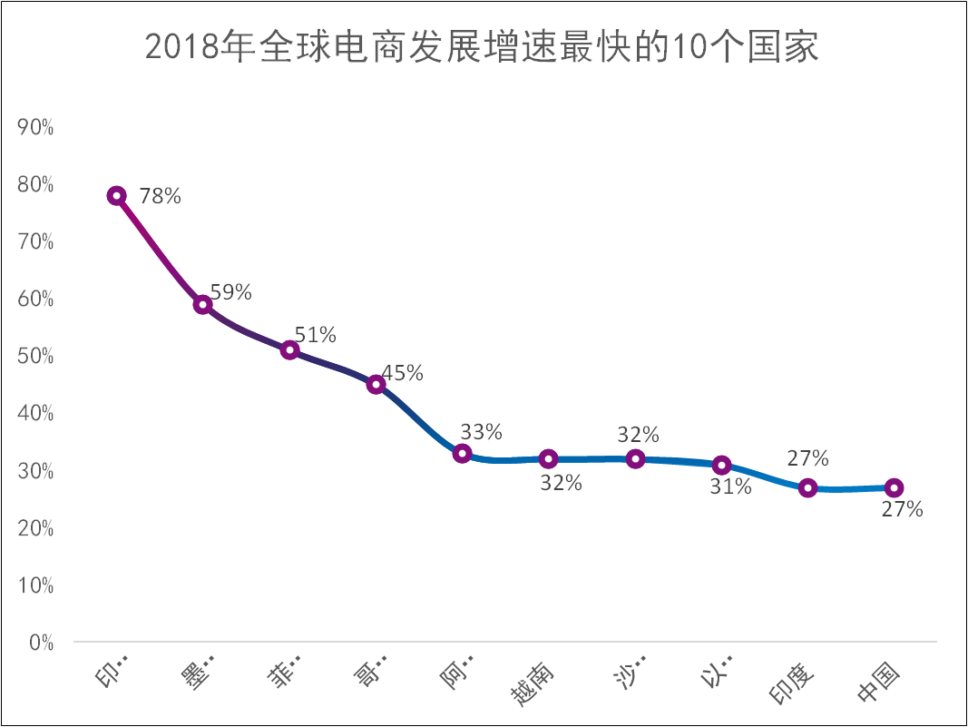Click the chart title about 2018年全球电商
pyautogui.click(x=483, y=47)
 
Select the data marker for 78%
pyautogui.click(x=117, y=196)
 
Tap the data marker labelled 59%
pyautogui.click(x=203, y=305)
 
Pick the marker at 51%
pyautogui.click(x=289, y=350)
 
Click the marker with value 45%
pyautogui.click(x=376, y=385)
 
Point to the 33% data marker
pyautogui.click(x=463, y=454)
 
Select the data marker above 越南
pyautogui.click(x=548, y=459)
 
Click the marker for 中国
pyautogui.click(x=894, y=488)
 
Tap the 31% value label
pyautogui.click(x=730, y=487)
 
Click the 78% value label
pyautogui.click(x=161, y=195)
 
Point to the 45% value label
pyautogui.click(x=402, y=373)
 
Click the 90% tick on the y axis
pyautogui.click(x=36, y=128)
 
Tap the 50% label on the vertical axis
pyautogui.click(x=36, y=357)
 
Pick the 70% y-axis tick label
pyautogui.click(x=36, y=242)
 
